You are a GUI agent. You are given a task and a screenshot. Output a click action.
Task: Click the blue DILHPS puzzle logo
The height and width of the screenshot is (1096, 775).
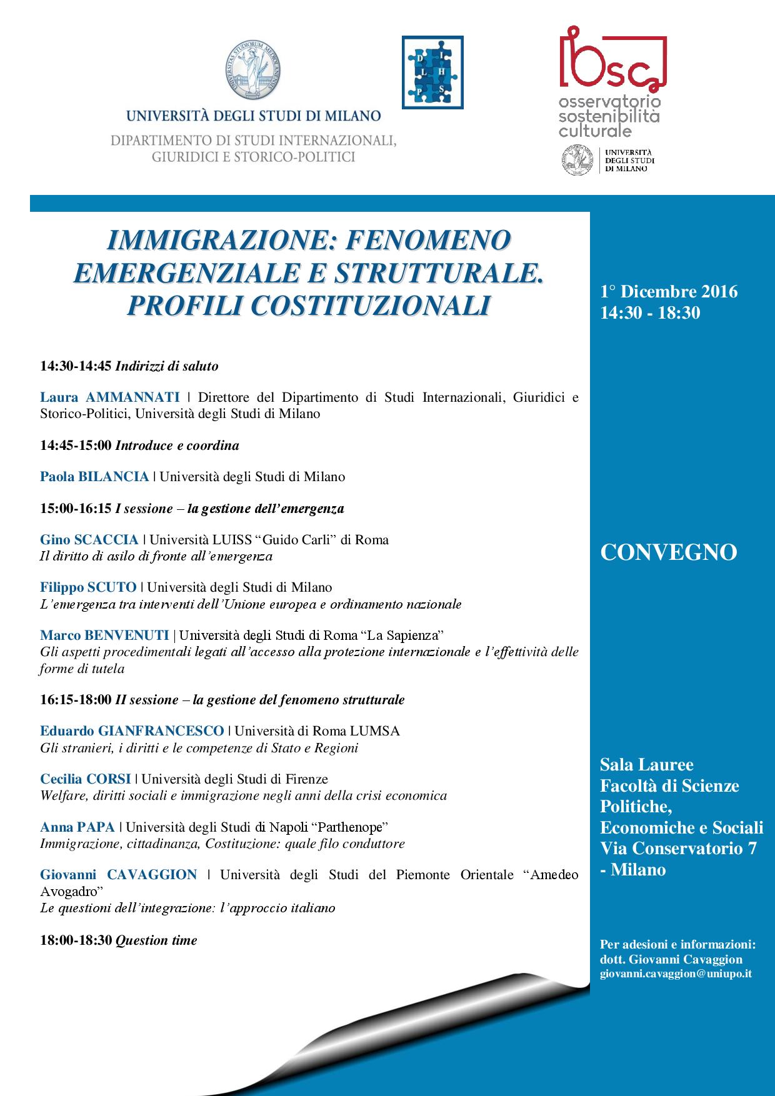click(432, 72)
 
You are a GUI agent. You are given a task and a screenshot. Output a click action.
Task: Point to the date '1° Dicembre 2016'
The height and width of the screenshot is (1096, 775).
click(668, 292)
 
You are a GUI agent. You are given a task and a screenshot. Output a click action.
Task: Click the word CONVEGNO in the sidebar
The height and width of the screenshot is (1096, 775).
click(668, 553)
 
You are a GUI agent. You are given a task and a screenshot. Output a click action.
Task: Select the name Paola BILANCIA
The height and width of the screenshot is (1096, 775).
click(94, 477)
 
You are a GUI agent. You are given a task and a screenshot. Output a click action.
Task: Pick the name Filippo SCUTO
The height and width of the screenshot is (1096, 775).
click(88, 587)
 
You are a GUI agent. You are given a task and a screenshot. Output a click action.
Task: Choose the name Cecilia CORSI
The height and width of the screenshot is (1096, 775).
click(86, 779)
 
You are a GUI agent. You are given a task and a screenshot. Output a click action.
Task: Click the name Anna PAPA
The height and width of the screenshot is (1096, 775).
click(77, 827)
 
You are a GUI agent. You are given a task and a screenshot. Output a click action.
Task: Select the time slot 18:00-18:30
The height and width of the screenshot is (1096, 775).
click(76, 940)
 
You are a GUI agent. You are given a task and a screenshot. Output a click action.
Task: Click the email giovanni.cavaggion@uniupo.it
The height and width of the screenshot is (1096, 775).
click(675, 974)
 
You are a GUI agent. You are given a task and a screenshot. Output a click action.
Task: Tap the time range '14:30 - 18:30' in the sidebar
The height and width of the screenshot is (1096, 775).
click(649, 313)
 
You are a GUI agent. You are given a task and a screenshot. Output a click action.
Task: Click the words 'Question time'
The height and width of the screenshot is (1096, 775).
click(156, 940)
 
